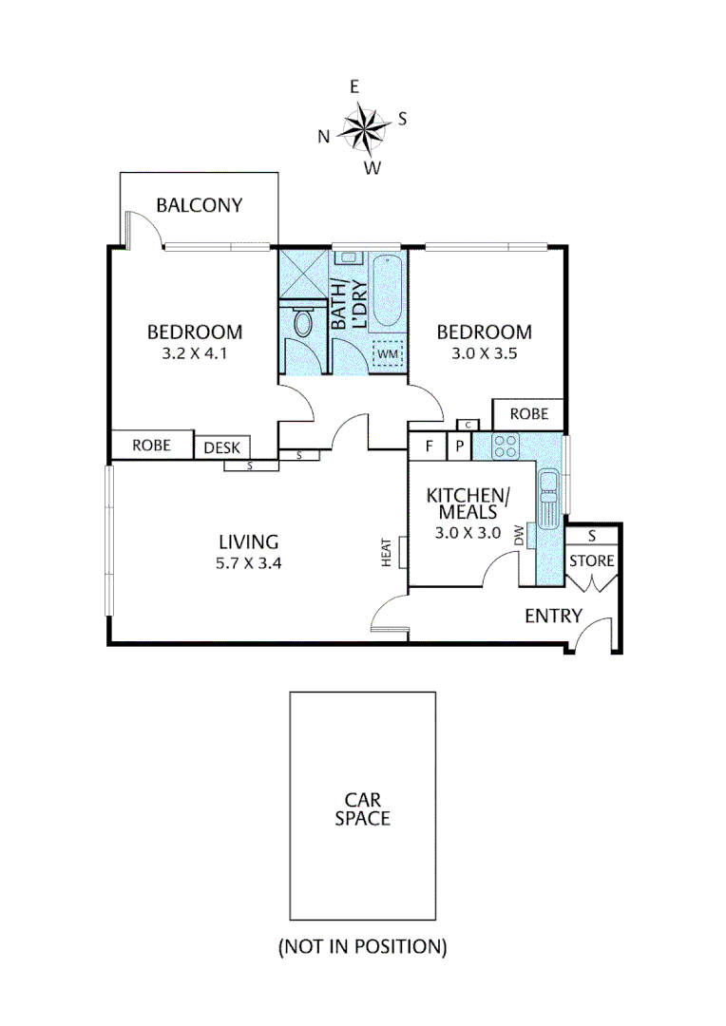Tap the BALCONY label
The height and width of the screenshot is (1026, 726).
click(x=200, y=205)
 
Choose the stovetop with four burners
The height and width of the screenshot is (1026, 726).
click(x=504, y=446)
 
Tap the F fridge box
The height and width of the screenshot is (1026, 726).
click(x=429, y=446)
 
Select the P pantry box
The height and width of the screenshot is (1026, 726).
click(x=458, y=446)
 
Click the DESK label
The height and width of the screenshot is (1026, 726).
click(x=223, y=447)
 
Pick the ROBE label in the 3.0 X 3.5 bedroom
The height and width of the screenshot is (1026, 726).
click(x=528, y=414)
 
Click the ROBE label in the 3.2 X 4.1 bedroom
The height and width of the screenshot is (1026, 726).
click(x=151, y=446)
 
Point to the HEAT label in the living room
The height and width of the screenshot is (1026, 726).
click(x=387, y=552)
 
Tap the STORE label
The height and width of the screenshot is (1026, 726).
click(x=591, y=560)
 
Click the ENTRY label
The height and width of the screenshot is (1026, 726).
click(x=553, y=616)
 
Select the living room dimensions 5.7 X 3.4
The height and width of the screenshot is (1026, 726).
click(x=248, y=561)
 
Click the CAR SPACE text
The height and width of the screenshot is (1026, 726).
click(x=362, y=808)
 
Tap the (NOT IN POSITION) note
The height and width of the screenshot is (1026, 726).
click(x=362, y=946)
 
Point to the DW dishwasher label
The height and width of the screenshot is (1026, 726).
click(x=519, y=538)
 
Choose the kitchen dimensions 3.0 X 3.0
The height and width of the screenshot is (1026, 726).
click(x=468, y=532)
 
